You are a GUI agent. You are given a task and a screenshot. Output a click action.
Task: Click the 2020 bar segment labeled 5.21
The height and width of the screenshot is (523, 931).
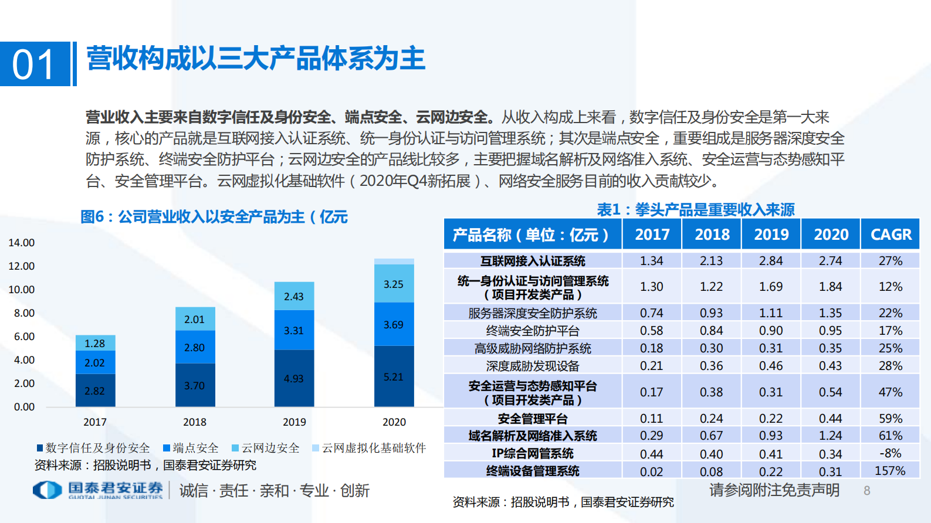tap(394, 376)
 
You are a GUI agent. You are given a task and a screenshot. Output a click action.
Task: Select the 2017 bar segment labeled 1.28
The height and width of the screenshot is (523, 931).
tap(95, 343)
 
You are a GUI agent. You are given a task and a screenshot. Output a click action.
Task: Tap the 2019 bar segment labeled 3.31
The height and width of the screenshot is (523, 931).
tap(294, 330)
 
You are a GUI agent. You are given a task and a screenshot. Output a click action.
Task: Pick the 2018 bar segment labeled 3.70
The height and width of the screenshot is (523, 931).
tap(195, 385)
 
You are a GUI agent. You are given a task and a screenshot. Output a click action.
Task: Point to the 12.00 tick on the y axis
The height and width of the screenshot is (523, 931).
tap(22, 266)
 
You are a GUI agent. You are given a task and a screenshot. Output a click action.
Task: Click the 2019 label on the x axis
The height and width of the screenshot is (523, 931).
tap(294, 422)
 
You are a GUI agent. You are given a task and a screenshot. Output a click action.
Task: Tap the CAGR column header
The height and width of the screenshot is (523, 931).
tap(891, 235)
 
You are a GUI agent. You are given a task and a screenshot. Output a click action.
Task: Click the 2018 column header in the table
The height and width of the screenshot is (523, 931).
tap(712, 235)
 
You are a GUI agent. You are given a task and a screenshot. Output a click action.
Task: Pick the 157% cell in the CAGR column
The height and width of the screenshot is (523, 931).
tap(890, 471)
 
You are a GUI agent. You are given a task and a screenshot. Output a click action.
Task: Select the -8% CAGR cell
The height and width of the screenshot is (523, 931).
tap(890, 453)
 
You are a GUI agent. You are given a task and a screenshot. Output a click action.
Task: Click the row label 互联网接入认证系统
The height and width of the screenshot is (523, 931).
tap(533, 261)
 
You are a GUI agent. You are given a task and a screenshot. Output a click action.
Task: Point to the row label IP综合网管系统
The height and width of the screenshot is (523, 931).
tap(533, 453)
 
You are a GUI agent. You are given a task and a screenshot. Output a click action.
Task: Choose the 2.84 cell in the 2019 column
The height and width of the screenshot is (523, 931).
tap(771, 261)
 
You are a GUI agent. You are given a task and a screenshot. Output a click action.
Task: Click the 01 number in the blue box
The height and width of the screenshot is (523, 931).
tap(33, 64)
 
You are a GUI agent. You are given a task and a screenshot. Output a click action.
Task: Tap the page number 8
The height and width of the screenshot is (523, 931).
tap(866, 491)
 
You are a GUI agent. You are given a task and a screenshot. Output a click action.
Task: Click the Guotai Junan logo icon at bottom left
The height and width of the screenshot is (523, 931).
tap(47, 490)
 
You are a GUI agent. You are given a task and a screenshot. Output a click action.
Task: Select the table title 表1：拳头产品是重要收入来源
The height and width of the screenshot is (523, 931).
tap(696, 209)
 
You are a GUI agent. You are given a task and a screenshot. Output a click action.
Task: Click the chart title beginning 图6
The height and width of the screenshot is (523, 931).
tap(214, 217)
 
